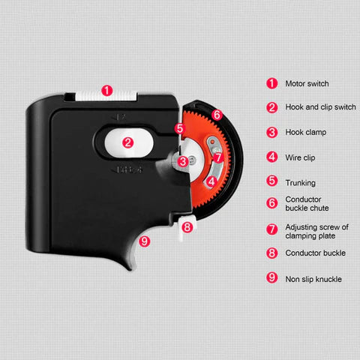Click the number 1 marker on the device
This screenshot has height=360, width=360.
coord(107,91)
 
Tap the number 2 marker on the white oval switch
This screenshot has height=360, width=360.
coord(127,142)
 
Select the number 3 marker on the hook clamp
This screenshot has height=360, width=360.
coord(183,161)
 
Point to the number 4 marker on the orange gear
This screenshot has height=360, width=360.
coord(211,181)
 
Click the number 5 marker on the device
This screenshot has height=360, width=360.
coord(180,128)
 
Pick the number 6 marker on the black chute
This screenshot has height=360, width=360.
coord(217,115)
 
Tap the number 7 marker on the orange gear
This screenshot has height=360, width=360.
coord(218,157)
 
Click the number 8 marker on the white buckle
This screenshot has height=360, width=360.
coord(187,227)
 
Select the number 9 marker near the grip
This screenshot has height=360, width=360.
coord(144,241)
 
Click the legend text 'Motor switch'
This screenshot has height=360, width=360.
coord(307,83)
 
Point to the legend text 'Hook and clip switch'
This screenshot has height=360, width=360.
coord(320,107)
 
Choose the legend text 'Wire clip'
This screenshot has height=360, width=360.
coord(300,157)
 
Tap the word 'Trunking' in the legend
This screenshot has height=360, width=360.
coord(300,183)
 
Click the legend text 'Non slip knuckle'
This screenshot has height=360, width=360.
coord(313,279)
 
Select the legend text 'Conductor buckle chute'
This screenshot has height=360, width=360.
coord(307,203)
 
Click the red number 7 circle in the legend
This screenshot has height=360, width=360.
coord(272,229)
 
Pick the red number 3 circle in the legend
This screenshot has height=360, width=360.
coord(272,132)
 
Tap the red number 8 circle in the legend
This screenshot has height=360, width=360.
coord(272,253)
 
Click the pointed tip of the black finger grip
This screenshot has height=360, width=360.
coord(130,270)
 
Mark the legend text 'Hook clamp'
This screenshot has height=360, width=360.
coord(306,132)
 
